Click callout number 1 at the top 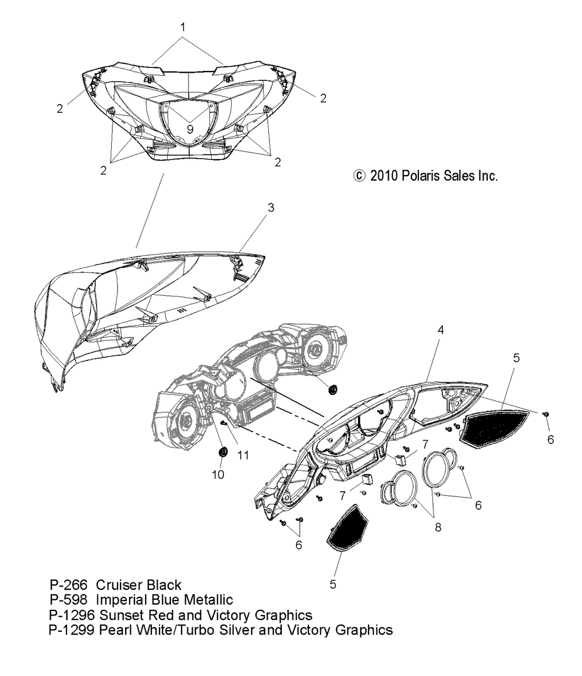point(183,27)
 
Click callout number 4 point(441,330)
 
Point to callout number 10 point(217,474)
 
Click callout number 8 point(437,527)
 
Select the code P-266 point(69,585)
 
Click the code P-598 point(69,600)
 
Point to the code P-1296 point(72,615)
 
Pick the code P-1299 point(72,630)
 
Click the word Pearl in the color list point(116,630)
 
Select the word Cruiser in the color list point(118,585)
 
